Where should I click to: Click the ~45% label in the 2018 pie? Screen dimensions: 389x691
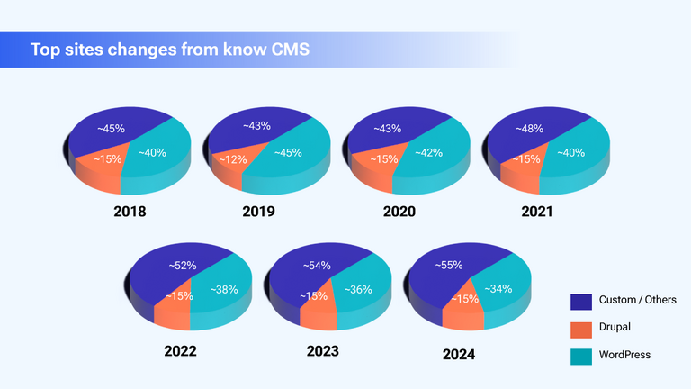pyautogui.click(x=112, y=128)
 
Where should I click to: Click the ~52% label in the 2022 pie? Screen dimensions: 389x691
pyautogui.click(x=183, y=265)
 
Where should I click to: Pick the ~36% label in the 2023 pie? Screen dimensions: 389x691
pyautogui.click(x=357, y=289)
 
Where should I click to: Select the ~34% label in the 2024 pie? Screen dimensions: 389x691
pyautogui.click(x=498, y=289)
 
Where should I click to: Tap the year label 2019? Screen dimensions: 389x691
pyautogui.click(x=258, y=213)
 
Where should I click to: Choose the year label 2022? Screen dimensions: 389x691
pyautogui.click(x=180, y=350)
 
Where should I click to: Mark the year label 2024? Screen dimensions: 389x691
pyautogui.click(x=458, y=354)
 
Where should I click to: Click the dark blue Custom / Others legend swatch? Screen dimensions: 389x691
pyautogui.click(x=581, y=299)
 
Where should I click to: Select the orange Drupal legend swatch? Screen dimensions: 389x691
pyautogui.click(x=581, y=327)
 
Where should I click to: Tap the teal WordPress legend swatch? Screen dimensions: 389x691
pyautogui.click(x=581, y=355)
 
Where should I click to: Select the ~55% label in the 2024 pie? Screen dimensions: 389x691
pyautogui.click(x=450, y=266)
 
